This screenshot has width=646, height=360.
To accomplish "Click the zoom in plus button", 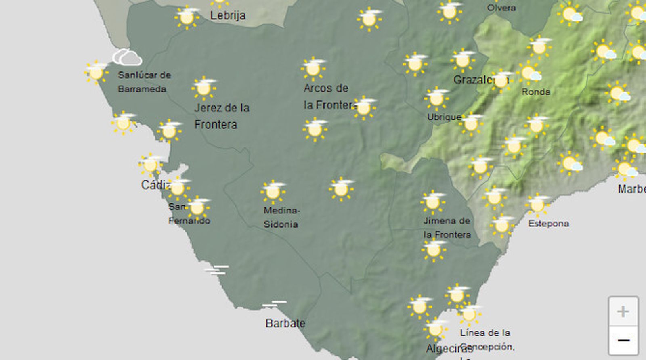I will pyautogui.click(x=623, y=312).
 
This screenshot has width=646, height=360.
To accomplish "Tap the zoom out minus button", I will pyautogui.click(x=623, y=340).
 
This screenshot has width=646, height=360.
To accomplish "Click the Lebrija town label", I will pyautogui.click(x=228, y=16).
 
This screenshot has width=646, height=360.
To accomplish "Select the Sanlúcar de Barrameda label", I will pyautogui.click(x=144, y=82).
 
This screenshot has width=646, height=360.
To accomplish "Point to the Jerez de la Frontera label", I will pyautogui.click(x=221, y=116).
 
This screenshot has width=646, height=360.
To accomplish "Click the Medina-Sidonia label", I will pyautogui.click(x=281, y=217).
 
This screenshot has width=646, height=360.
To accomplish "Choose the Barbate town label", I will pyautogui.click(x=285, y=323).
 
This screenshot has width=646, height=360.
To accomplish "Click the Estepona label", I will pyautogui.click(x=548, y=224).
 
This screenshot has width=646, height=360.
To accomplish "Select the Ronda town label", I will pyautogui.click(x=536, y=92).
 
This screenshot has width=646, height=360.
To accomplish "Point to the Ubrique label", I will pyautogui.click(x=444, y=117).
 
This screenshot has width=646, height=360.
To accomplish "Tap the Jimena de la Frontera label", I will pyautogui.click(x=447, y=228).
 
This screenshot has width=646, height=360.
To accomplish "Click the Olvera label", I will pyautogui.click(x=501, y=8).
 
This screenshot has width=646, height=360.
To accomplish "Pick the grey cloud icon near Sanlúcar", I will pyautogui.click(x=127, y=57).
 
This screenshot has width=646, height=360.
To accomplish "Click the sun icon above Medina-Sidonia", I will pyautogui.click(x=273, y=191).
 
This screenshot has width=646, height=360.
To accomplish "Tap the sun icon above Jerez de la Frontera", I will pyautogui.click(x=203, y=88).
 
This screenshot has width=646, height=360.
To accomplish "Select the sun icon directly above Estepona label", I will pyautogui.click(x=537, y=204).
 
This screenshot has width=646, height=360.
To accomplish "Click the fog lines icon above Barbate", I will pyautogui.click(x=274, y=303).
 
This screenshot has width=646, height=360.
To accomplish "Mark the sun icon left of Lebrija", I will pyautogui.click(x=187, y=17).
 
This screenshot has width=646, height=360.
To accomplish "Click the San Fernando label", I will pyautogui.click(x=189, y=213).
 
